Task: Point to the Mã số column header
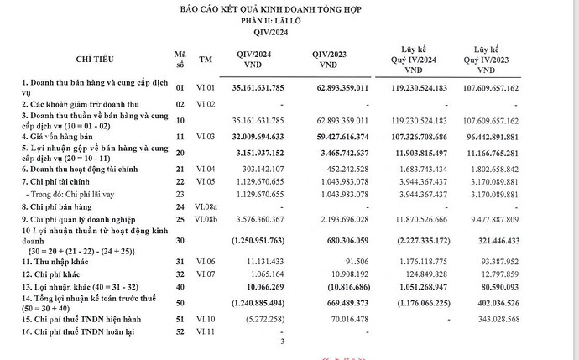179,60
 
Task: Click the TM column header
206,60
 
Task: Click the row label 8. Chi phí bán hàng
54,206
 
